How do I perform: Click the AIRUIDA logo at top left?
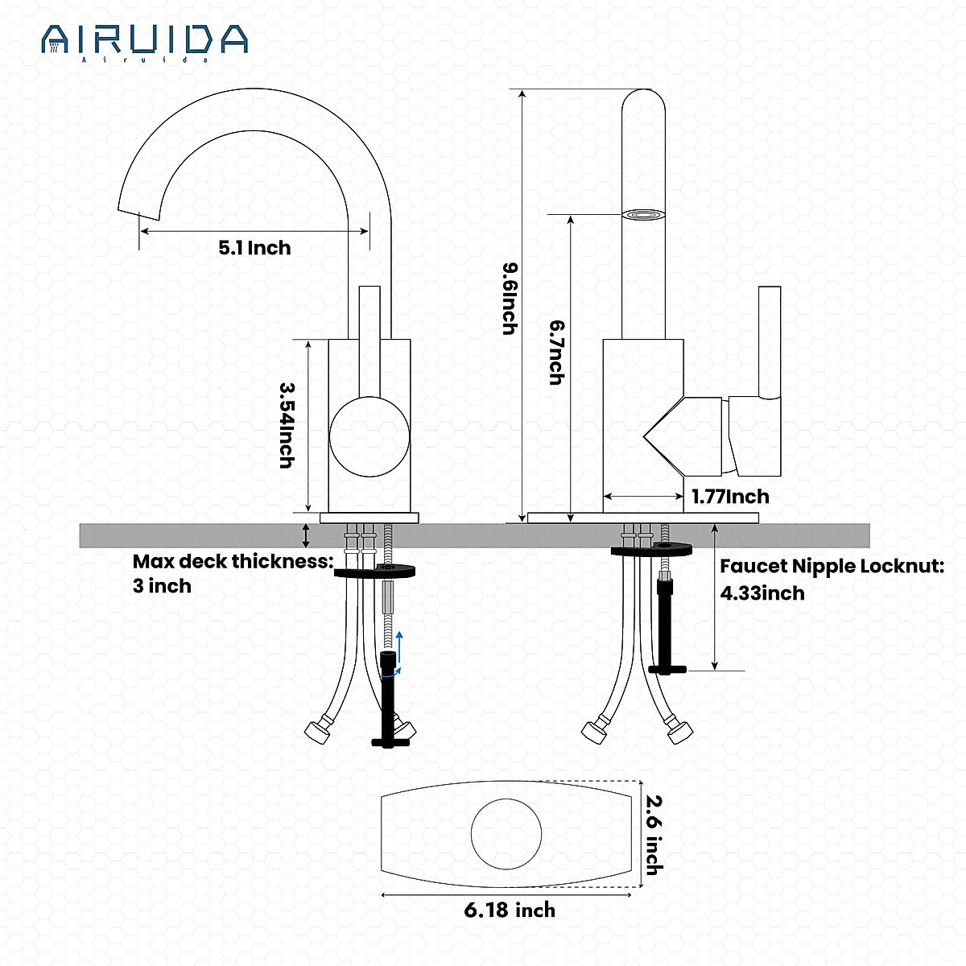(x=145, y=40)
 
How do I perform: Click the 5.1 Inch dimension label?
(x=254, y=248)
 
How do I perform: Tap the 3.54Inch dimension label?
(x=286, y=424)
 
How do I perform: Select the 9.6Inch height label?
(x=509, y=298)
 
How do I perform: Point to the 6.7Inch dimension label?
(x=556, y=352)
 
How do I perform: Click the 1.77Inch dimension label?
(x=730, y=497)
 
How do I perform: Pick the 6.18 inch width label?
(x=510, y=910)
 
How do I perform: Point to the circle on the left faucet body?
(x=369, y=436)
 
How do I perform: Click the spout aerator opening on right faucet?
(x=643, y=215)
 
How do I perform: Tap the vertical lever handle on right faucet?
(x=770, y=342)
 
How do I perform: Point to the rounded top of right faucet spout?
(x=643, y=101)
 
